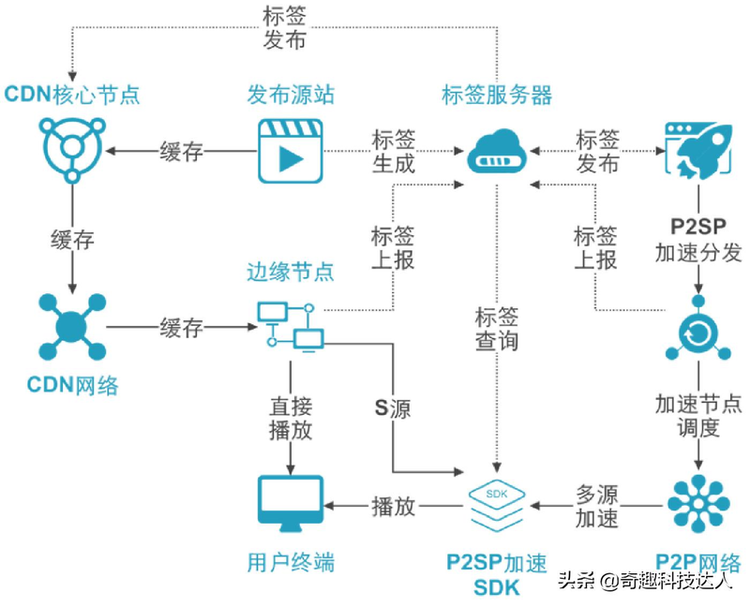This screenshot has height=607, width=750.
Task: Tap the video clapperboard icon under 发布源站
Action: click(x=290, y=150)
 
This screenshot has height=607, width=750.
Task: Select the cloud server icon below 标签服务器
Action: click(x=496, y=153)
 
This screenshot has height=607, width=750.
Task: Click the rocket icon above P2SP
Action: click(x=697, y=148)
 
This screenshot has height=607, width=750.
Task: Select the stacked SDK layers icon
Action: click(x=496, y=507)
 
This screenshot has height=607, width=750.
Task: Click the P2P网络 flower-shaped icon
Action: click(x=697, y=506)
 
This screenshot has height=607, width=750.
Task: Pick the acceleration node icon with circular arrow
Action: click(x=697, y=329)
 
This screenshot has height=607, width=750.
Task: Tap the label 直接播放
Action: click(x=290, y=418)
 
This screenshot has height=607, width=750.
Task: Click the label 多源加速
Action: click(x=596, y=507)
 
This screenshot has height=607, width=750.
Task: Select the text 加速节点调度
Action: click(x=697, y=416)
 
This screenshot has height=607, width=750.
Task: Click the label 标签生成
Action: click(x=394, y=152)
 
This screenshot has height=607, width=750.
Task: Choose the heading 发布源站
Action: click(x=291, y=95)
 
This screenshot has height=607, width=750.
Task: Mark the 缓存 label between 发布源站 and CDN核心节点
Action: click(x=182, y=152)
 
